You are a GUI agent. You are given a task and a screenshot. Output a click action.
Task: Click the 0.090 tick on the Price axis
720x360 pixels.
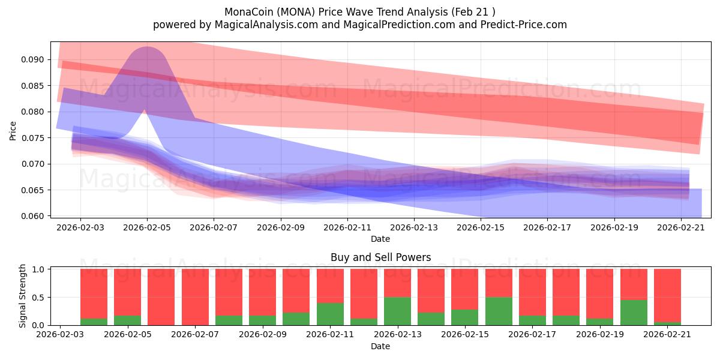32,60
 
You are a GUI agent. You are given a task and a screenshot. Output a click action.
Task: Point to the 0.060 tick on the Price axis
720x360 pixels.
32,216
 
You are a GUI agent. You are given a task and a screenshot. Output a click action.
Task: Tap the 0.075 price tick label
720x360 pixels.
32,138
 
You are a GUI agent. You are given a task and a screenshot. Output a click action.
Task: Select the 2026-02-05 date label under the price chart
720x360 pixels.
147,227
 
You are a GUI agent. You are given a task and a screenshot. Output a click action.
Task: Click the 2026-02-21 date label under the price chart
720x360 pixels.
681,227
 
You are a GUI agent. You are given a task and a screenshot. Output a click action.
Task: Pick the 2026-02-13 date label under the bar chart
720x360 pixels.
398,334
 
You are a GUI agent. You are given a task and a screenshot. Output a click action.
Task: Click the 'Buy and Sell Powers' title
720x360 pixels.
380,257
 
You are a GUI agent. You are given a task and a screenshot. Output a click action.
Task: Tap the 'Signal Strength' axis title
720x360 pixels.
22,296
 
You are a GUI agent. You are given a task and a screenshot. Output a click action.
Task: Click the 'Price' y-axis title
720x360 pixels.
13,131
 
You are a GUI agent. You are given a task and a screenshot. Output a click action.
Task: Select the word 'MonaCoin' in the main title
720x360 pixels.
249,12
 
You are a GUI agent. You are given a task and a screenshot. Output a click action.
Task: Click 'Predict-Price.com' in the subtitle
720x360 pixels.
524,25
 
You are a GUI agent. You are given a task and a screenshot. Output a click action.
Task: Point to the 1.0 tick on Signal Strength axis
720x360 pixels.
38,269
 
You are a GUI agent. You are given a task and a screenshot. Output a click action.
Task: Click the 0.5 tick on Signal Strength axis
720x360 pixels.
38,298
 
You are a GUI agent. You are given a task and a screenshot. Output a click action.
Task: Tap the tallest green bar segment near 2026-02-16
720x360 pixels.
499,311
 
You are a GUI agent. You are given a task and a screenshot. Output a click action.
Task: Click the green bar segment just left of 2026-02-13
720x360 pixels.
397,311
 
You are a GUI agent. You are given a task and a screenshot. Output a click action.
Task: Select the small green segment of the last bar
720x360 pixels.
667,323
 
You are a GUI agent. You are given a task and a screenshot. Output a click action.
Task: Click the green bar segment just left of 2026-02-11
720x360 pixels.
330,314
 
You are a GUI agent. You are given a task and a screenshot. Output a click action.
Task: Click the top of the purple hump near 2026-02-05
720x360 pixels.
147,47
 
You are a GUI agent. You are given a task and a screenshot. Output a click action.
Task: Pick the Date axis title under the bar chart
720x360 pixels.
380,347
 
